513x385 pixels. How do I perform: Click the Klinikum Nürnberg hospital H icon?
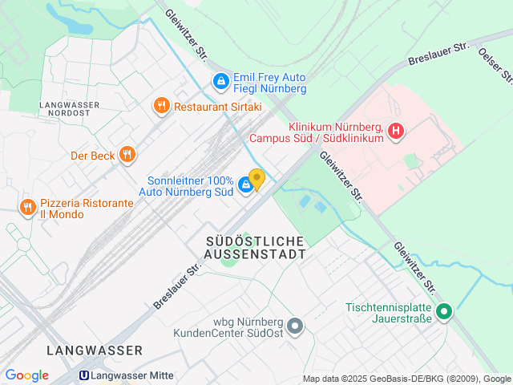coord(395,131)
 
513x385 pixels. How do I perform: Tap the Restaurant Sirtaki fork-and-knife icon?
coord(161,105)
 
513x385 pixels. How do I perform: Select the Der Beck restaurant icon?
coord(127,156)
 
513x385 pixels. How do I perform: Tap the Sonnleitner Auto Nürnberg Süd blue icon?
coord(246,185)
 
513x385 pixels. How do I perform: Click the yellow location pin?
coord(256,179)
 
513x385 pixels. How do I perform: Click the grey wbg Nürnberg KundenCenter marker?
coord(296,326)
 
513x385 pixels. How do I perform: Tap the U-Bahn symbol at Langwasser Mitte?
coord(83,375)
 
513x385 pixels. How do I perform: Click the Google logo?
coord(26,375)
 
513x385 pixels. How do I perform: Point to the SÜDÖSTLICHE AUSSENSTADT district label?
coord(256,247)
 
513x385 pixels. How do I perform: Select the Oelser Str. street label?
coord(495,64)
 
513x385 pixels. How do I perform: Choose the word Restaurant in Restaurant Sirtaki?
coord(200,105)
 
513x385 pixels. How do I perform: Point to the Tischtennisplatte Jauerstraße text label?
coord(390,313)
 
